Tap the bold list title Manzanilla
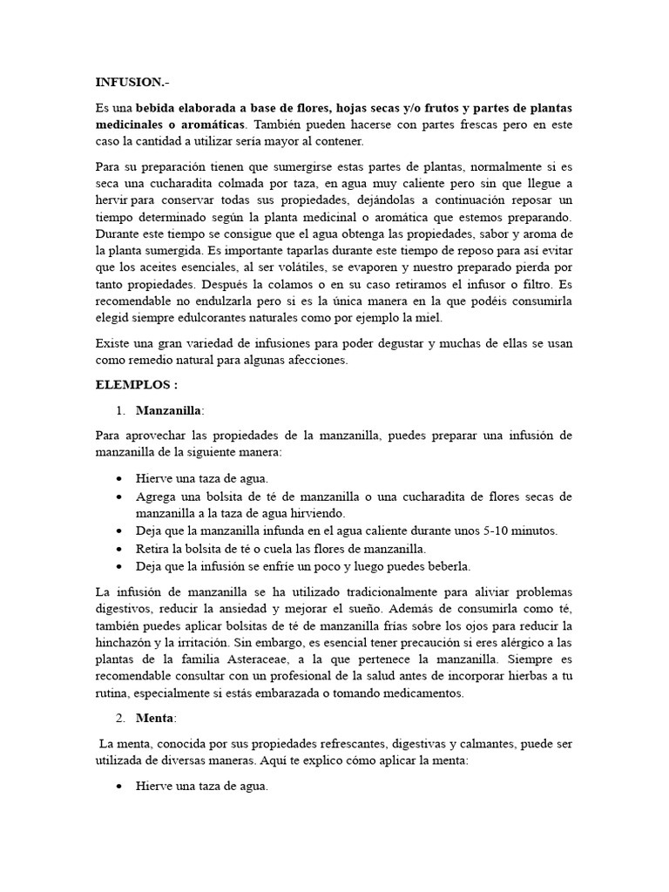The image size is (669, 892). [x=168, y=409]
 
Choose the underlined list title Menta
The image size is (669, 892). [x=155, y=718]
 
